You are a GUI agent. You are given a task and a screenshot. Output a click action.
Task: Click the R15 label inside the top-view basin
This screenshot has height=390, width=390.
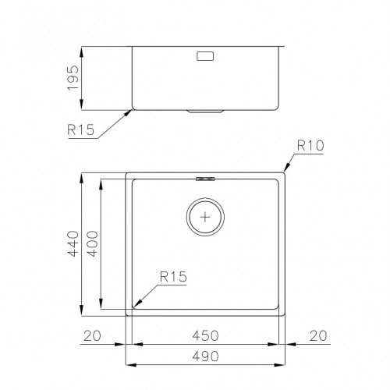(x=172, y=275)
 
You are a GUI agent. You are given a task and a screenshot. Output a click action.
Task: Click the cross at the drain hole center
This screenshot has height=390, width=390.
(x=205, y=217)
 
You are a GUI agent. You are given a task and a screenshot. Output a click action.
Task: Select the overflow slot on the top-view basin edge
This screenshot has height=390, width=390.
(x=205, y=179)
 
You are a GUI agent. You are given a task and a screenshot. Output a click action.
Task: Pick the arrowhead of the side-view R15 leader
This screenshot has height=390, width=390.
(x=130, y=112)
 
